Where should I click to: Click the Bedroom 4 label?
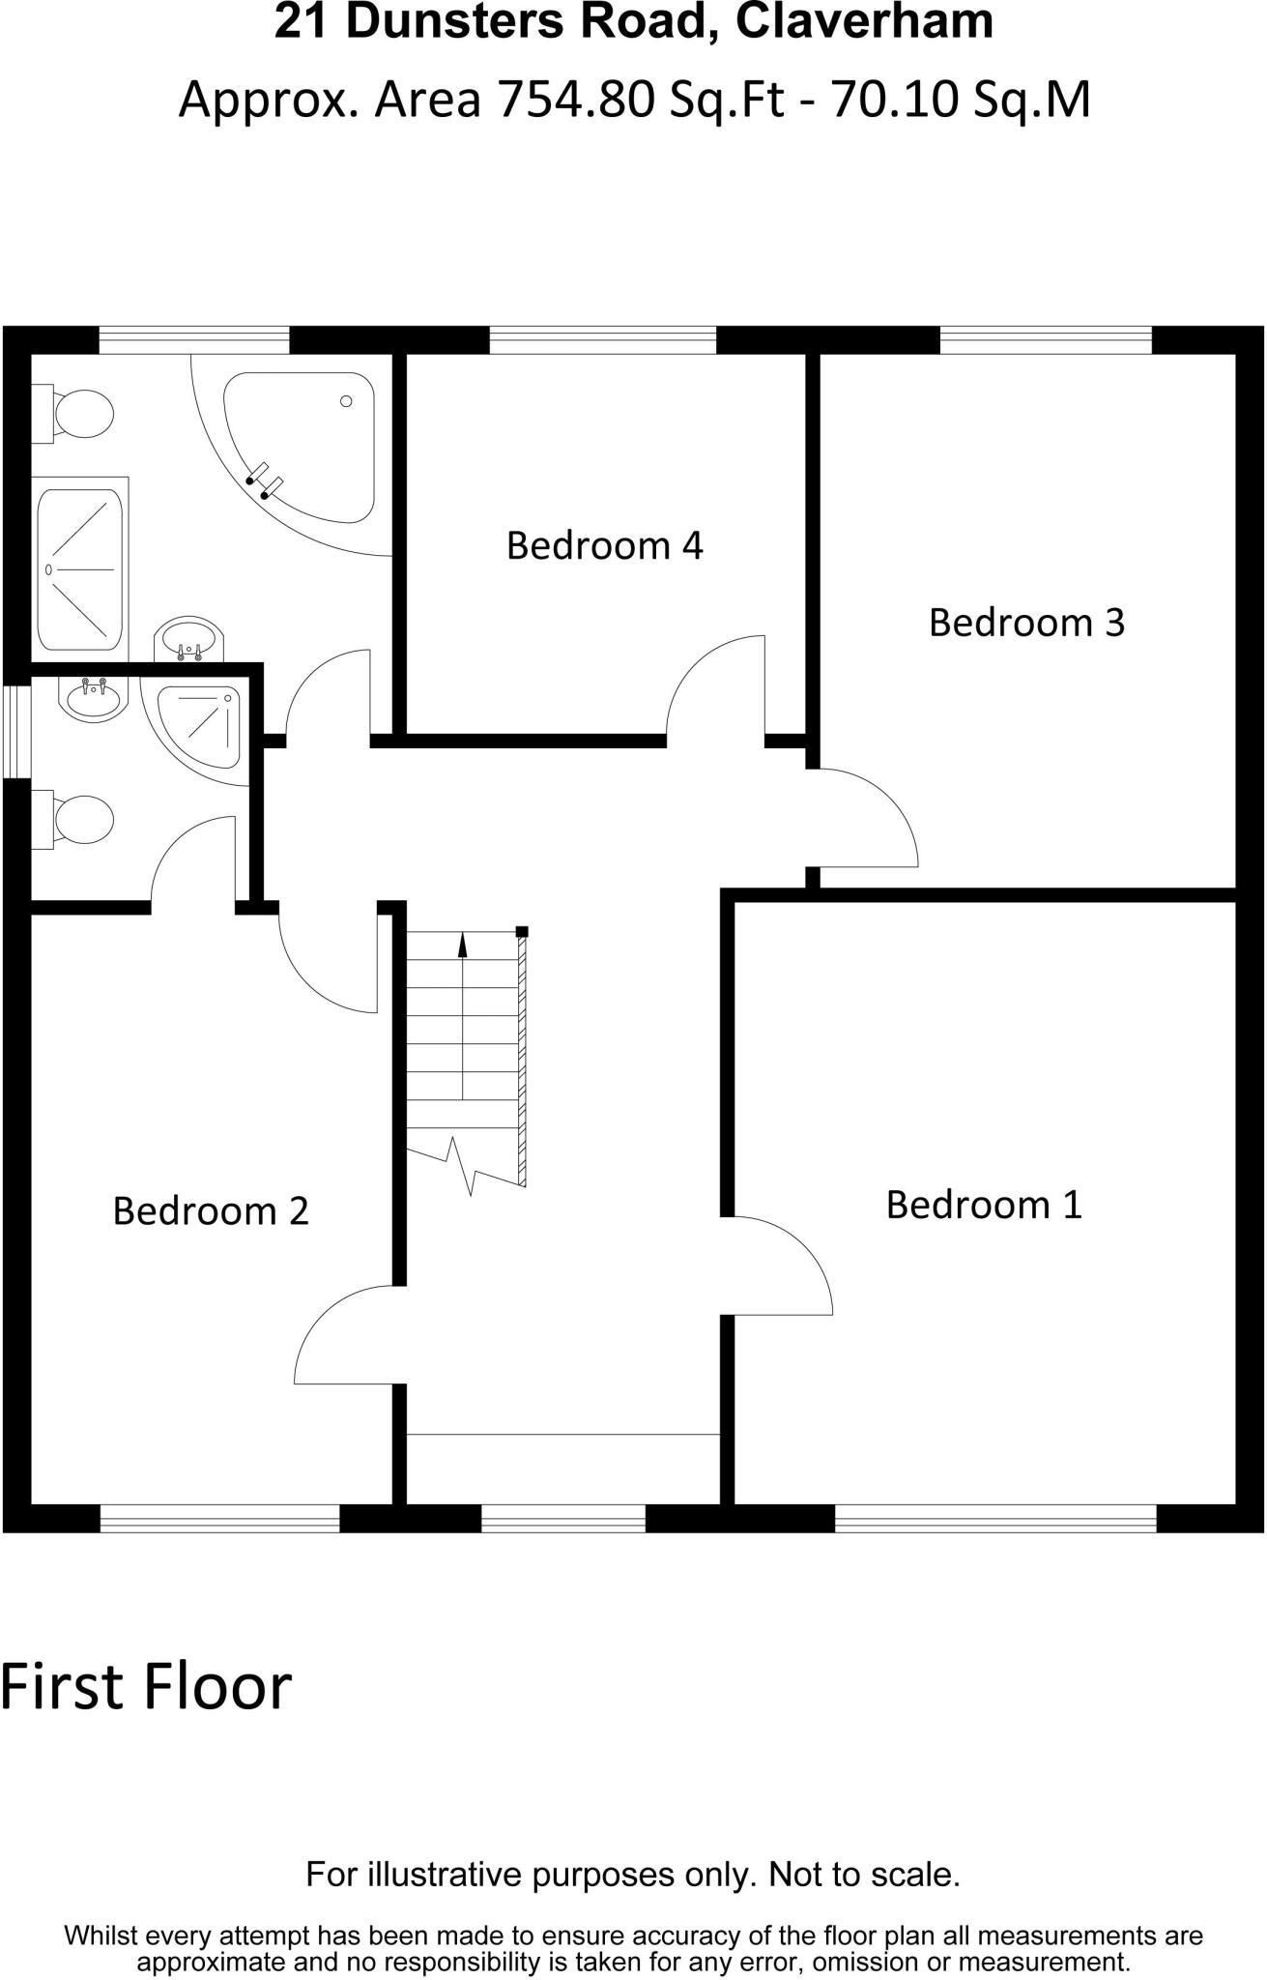pyautogui.click(x=604, y=546)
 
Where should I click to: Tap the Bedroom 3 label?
pyautogui.click(x=1026, y=623)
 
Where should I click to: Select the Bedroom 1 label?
pyautogui.click(x=984, y=1205)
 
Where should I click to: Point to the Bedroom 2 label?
pyautogui.click(x=211, y=1211)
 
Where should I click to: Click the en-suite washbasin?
pyautogui.click(x=94, y=697)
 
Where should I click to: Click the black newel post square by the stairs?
pyautogui.click(x=522, y=932)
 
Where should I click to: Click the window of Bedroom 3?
pyautogui.click(x=1046, y=340)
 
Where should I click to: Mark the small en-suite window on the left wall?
pyautogui.click(x=15, y=731)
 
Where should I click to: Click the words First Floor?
pyautogui.click(x=145, y=1686)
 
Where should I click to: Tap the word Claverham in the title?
pyautogui.click(x=864, y=23)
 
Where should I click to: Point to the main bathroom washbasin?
pyautogui.click(x=189, y=639)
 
